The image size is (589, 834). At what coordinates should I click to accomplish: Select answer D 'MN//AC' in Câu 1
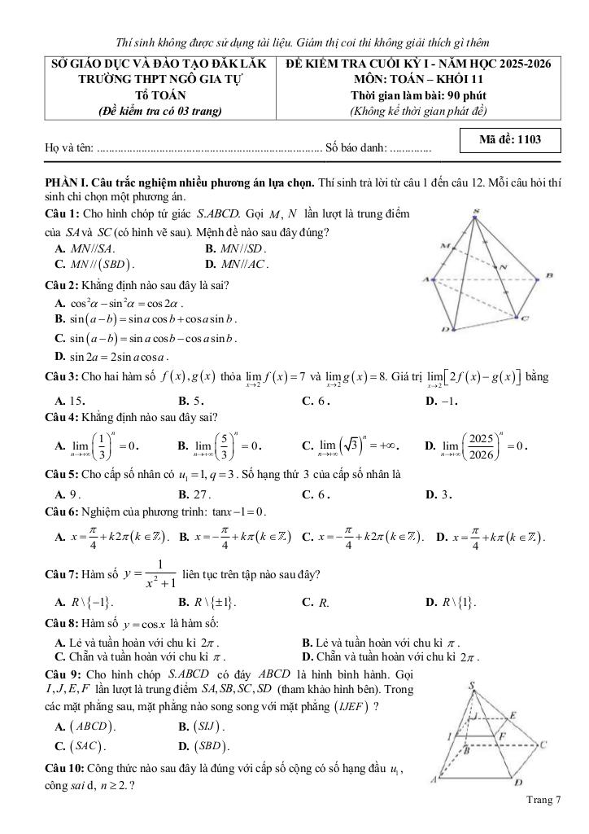coord(243,264)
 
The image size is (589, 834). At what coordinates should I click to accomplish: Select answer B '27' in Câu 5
coord(194,494)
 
